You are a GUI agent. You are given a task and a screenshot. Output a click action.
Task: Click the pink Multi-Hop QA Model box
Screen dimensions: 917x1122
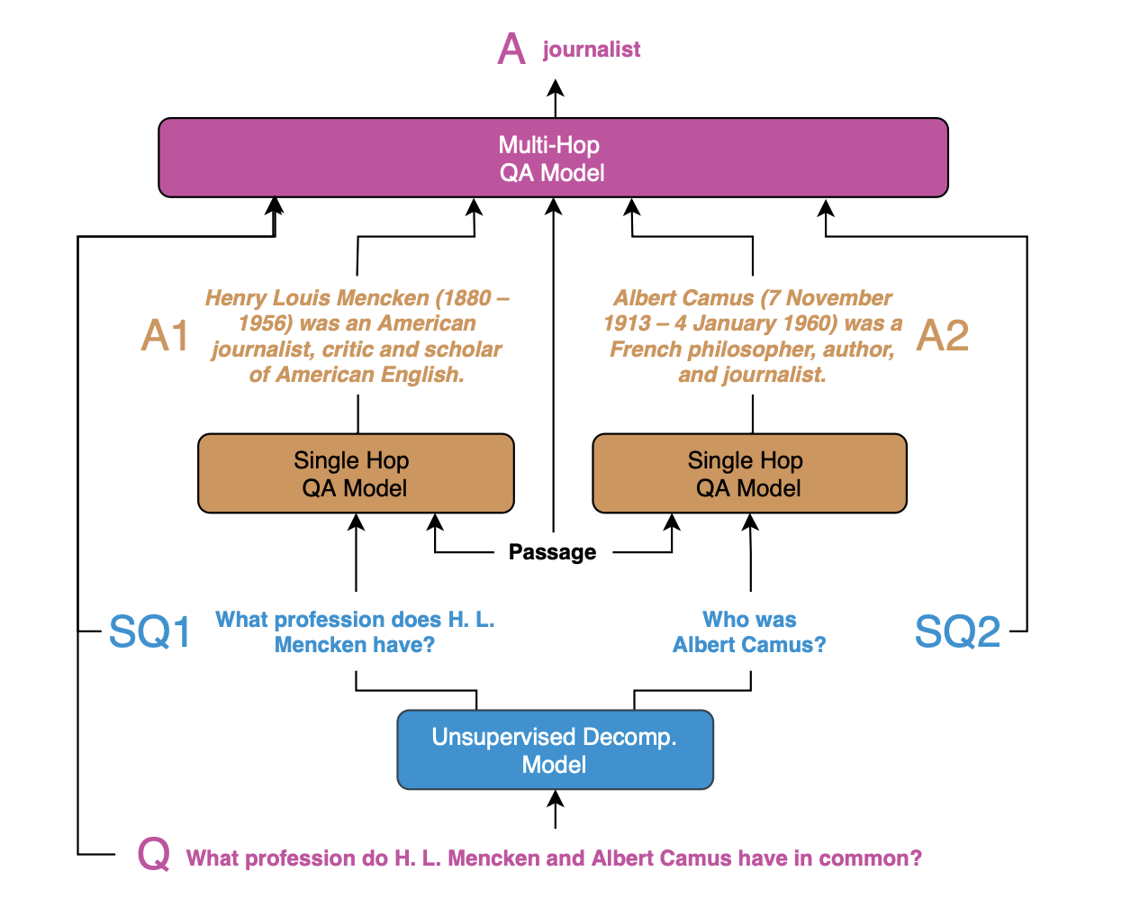pos(553,158)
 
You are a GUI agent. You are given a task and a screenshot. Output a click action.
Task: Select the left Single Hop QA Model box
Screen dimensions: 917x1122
pos(356,474)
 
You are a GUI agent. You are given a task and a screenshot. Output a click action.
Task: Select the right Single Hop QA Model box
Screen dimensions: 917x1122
pos(749,474)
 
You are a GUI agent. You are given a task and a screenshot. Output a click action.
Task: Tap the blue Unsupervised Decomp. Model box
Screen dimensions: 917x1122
pos(555,750)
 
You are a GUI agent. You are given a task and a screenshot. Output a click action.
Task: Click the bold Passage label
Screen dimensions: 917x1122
pos(552,552)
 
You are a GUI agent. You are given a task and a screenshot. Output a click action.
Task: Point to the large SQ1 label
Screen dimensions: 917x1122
pos(149,631)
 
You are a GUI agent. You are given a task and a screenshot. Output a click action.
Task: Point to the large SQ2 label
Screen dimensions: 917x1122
pos(957,631)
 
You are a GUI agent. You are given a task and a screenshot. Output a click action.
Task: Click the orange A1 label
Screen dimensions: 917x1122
pos(165,336)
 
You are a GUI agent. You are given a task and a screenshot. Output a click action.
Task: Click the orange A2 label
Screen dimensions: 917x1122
pos(943,336)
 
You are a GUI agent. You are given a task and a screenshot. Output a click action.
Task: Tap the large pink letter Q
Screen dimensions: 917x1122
pos(154,854)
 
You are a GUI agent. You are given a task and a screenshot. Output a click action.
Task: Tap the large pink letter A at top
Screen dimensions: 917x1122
pos(511,49)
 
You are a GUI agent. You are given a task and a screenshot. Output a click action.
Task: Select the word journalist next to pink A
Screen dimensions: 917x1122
pos(592,50)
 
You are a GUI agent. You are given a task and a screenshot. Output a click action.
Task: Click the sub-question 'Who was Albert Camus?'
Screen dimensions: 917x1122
pos(749,632)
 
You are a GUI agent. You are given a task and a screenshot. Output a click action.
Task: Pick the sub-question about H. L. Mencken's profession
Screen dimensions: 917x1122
pos(355,632)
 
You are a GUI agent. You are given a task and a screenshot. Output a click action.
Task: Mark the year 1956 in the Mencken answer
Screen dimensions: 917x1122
pos(265,323)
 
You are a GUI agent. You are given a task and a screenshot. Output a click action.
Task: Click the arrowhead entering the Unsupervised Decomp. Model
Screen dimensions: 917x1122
pos(556,799)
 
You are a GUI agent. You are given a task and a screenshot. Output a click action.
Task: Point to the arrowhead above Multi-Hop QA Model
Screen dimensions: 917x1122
pos(556,87)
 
